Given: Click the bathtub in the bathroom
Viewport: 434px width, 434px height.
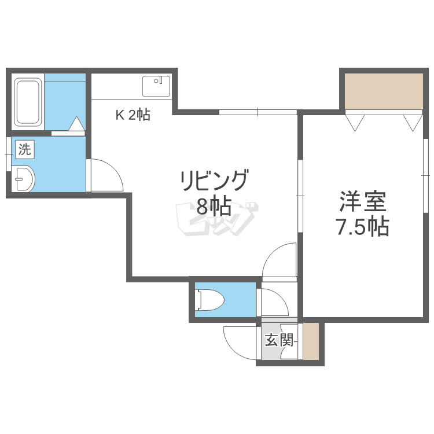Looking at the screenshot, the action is pyautogui.click(x=28, y=102).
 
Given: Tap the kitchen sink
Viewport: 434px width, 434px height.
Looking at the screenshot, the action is pyautogui.click(x=156, y=86).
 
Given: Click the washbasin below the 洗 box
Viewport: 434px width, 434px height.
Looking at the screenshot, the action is pyautogui.click(x=24, y=179).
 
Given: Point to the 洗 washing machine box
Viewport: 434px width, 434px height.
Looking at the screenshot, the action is pyautogui.click(x=25, y=150).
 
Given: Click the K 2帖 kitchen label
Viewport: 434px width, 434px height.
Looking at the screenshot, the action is pyautogui.click(x=133, y=115).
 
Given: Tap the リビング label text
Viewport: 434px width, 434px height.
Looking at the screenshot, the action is pyautogui.click(x=214, y=181).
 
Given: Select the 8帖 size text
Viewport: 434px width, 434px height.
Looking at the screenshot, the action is pyautogui.click(x=214, y=206).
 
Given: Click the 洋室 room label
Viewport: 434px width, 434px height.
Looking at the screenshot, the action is pyautogui.click(x=363, y=201).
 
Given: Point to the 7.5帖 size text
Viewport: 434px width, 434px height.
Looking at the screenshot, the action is pyautogui.click(x=363, y=226).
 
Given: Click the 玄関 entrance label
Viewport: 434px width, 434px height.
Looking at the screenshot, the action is pyautogui.click(x=279, y=340).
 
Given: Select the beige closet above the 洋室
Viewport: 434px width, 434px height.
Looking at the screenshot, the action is pyautogui.click(x=384, y=91).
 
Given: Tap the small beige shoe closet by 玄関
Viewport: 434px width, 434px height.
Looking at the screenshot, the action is pyautogui.click(x=311, y=341).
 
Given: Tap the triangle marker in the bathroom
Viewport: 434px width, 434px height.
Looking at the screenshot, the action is pyautogui.click(x=76, y=124).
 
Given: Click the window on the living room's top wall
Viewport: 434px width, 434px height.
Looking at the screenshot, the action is pyautogui.click(x=258, y=112).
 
